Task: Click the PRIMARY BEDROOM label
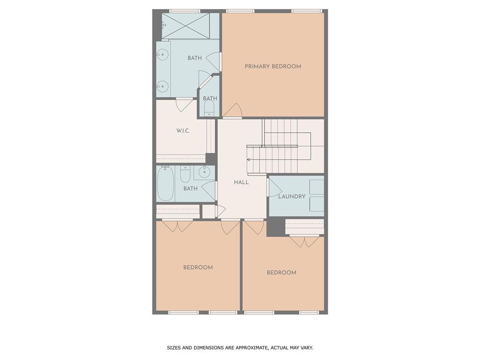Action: [273, 67]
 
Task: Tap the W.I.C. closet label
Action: [183, 131]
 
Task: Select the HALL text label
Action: [241, 182]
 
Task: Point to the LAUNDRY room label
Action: [292, 196]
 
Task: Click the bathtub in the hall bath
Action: [165, 183]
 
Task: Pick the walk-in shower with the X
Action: [186, 26]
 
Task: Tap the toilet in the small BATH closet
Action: [209, 109]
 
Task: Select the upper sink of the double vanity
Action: [163, 54]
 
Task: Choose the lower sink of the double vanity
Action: [163, 86]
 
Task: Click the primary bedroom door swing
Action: [233, 112]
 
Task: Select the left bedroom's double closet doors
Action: [178, 225]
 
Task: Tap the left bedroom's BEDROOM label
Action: [198, 268]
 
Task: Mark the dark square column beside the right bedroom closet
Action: [276, 228]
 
